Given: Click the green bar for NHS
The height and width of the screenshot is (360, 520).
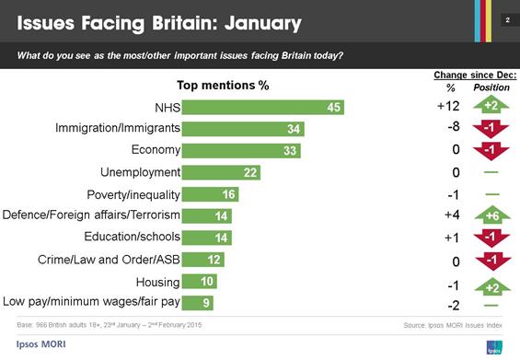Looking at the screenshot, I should tap(262, 108).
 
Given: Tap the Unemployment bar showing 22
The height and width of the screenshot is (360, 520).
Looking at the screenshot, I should tap(221, 172).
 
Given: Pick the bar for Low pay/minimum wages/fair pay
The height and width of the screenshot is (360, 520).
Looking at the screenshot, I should tap(198, 302).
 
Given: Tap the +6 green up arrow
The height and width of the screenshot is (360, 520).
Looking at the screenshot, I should tap(491, 216).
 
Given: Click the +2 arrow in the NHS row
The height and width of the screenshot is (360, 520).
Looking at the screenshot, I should tap(491, 107).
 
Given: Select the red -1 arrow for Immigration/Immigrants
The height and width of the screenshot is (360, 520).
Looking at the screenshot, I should tap(491, 128).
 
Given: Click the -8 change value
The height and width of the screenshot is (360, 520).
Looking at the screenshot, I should tap(450, 129).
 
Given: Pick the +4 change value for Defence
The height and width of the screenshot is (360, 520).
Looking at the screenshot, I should tap(450, 216).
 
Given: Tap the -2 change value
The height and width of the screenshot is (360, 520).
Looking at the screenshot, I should tap(450, 305).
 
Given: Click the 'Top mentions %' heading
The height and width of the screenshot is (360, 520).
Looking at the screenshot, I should tap(223, 86).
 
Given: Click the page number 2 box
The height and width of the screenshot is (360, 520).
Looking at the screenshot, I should tap(506, 20).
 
